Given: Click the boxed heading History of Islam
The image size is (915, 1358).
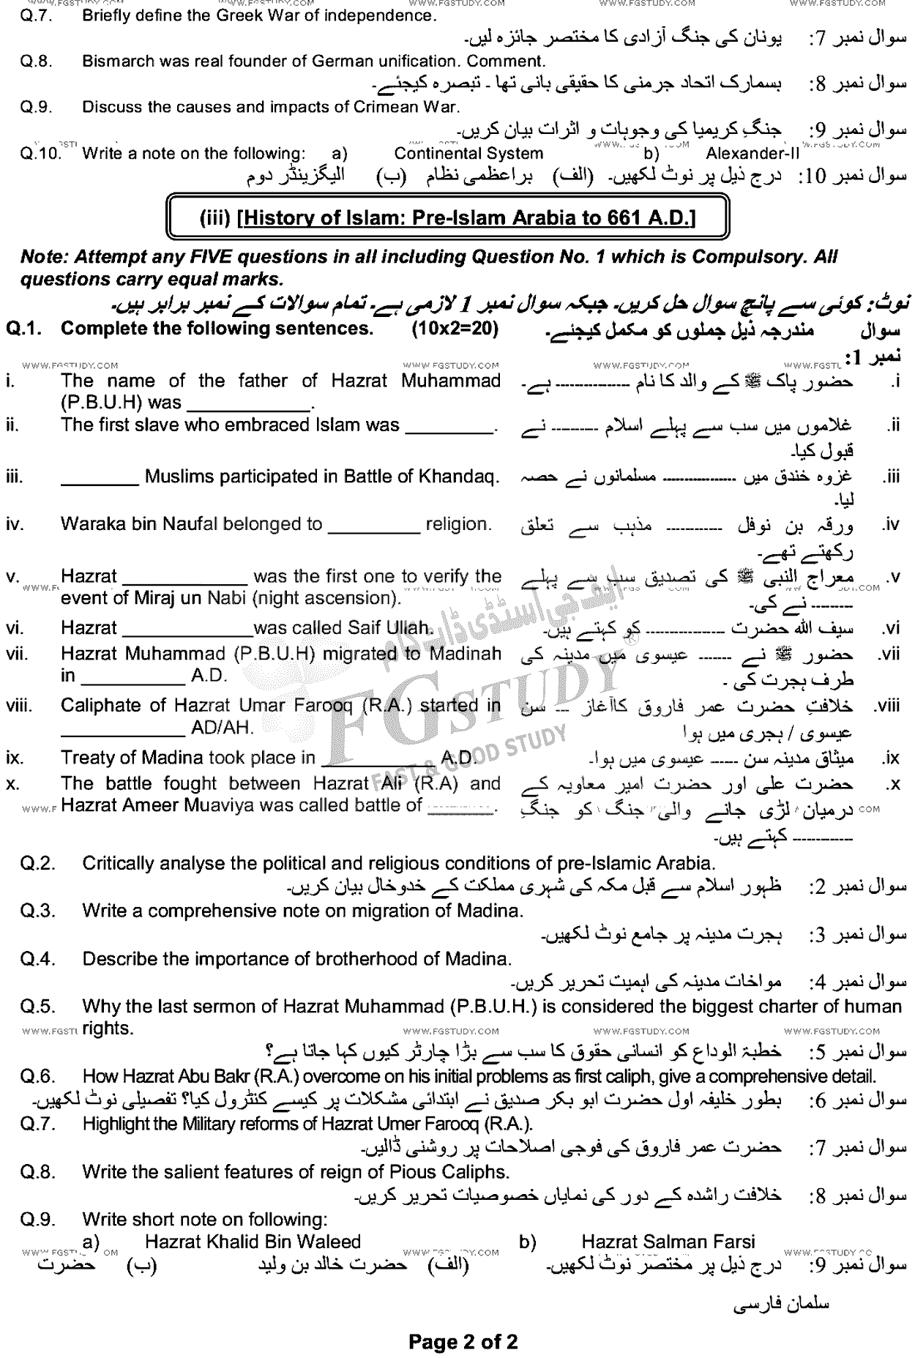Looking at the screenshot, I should (447, 217).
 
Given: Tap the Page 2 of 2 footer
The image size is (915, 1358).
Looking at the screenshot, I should (463, 1341).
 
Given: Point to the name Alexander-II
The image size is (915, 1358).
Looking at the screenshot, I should (752, 154).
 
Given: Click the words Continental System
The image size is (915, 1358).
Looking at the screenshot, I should (468, 154).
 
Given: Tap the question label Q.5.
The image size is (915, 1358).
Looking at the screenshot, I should (38, 1007).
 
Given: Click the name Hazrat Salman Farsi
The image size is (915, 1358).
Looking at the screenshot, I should (668, 1242).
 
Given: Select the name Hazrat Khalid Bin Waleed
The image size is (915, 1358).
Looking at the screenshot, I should (253, 1242).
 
